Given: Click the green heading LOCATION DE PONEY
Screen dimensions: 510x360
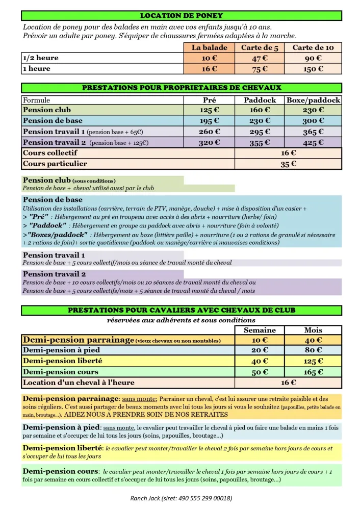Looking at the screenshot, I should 181,16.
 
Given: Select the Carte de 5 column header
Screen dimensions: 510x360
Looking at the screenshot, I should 260,47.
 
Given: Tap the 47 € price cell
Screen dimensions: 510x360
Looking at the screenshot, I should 260,58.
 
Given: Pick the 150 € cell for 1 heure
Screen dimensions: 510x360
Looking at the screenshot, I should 313,69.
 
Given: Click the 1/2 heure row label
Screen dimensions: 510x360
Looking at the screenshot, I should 41,58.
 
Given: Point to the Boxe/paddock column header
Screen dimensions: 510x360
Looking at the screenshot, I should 313,100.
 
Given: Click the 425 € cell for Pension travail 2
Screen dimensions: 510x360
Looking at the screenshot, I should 313,143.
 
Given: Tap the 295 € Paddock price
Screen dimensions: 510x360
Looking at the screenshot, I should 260,132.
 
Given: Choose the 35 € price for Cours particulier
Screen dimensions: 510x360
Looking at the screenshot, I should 288,164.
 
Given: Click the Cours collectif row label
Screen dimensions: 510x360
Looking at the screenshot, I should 50,153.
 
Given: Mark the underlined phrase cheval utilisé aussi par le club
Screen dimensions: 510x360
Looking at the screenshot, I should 117,188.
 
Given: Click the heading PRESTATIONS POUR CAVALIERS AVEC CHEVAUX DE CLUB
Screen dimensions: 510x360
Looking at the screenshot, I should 181,310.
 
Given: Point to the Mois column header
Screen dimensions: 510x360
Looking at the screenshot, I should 313,330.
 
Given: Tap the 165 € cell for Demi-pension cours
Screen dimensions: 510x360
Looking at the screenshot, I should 313,372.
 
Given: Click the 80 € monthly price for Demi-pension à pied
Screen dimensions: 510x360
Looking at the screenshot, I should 313,350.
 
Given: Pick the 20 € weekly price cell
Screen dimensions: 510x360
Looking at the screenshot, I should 260,350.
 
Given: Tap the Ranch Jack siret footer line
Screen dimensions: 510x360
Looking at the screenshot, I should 181,498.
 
